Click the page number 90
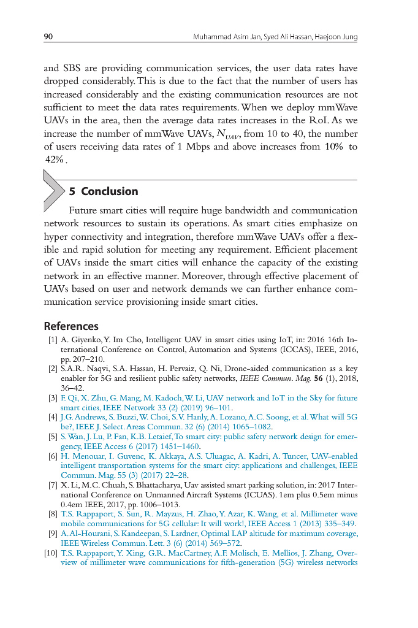click(x=48, y=37)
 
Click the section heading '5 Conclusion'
click(x=104, y=191)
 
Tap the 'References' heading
click(x=71, y=326)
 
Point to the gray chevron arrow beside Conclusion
click(x=54, y=191)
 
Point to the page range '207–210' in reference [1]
click(x=89, y=359)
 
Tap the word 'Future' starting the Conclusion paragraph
click(x=83, y=210)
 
